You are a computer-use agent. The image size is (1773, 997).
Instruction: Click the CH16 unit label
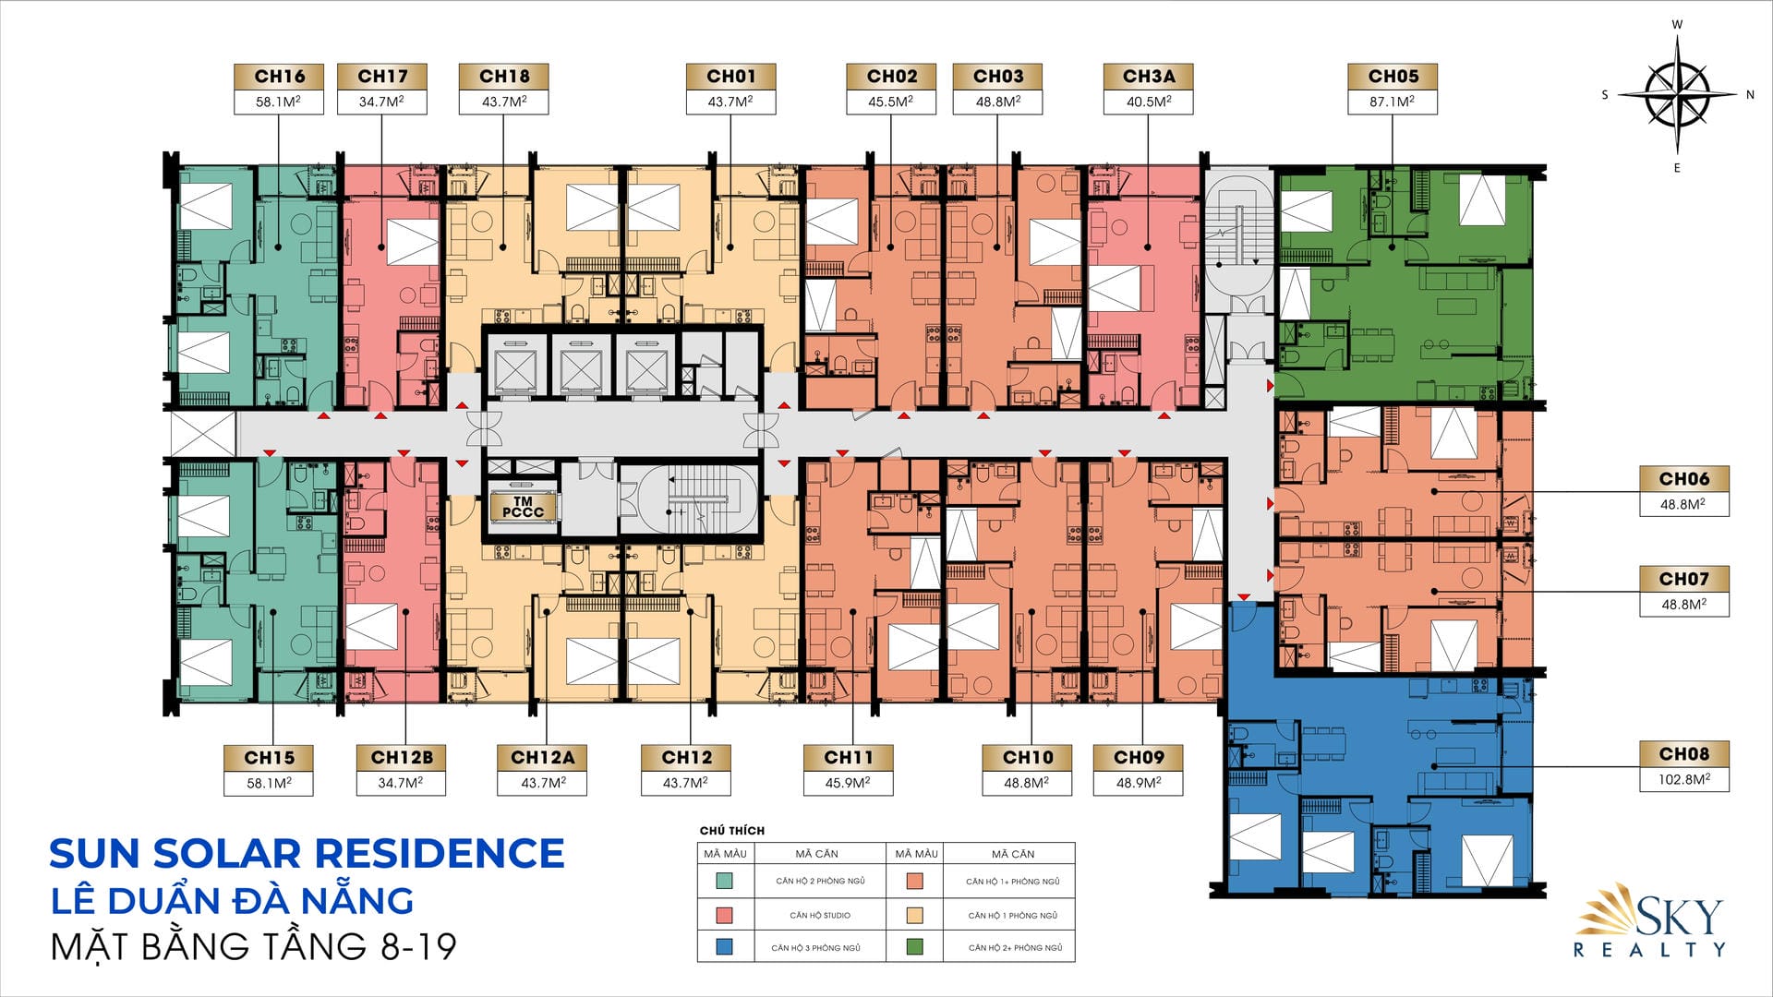pyautogui.click(x=279, y=77)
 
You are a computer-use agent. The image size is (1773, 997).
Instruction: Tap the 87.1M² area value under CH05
pyautogui.click(x=1392, y=102)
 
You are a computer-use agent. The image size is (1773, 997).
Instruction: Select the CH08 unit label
pyautogui.click(x=1683, y=754)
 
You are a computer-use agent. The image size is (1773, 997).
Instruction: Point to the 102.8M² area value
pyautogui.click(x=1683, y=779)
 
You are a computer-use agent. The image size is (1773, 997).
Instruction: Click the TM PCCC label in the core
pyautogui.click(x=524, y=508)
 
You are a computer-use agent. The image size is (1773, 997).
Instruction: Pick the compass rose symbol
pyautogui.click(x=1678, y=94)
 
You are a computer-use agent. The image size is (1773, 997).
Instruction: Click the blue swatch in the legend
pyautogui.click(x=724, y=946)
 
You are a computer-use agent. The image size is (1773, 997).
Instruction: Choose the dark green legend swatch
pyautogui.click(x=915, y=946)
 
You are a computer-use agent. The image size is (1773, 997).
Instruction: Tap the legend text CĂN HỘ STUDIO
pyautogui.click(x=820, y=915)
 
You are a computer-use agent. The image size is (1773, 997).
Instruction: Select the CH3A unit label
pyautogui.click(x=1149, y=77)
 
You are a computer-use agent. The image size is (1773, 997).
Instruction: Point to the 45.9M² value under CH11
pyautogui.click(x=848, y=782)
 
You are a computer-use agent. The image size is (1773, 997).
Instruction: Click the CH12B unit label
pyautogui.click(x=402, y=758)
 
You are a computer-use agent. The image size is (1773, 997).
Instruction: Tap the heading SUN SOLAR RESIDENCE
pyautogui.click(x=307, y=853)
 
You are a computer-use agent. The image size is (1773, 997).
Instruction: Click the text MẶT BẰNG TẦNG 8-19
pyautogui.click(x=254, y=946)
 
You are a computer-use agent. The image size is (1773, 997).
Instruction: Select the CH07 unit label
pyautogui.click(x=1683, y=579)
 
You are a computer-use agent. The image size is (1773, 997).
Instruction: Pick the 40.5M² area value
pyautogui.click(x=1148, y=102)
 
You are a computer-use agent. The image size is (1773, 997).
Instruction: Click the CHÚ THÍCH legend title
pyautogui.click(x=732, y=830)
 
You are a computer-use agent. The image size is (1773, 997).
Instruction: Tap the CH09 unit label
pyautogui.click(x=1139, y=758)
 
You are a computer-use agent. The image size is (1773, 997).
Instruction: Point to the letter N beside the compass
pyautogui.click(x=1750, y=94)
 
